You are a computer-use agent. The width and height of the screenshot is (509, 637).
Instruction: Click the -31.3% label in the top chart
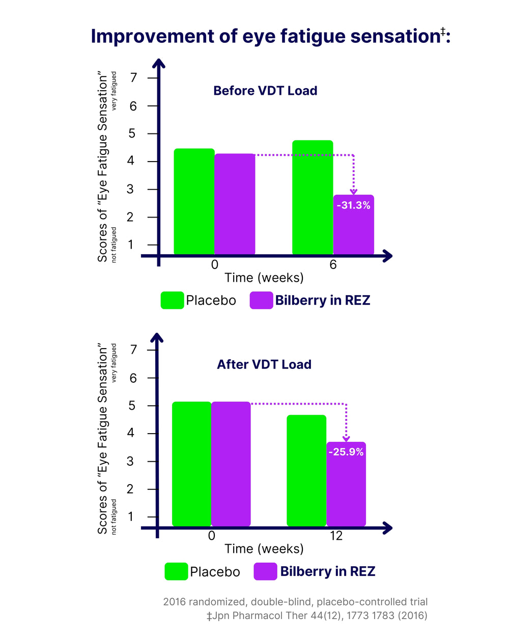353,205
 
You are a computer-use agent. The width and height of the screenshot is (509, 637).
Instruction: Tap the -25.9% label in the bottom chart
346,452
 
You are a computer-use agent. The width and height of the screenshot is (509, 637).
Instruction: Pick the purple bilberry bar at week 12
346,489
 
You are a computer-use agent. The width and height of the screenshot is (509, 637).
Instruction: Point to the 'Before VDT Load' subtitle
265,91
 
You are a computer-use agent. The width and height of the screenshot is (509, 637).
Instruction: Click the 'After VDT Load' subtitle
264,364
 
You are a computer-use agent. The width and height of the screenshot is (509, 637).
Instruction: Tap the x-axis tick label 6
333,264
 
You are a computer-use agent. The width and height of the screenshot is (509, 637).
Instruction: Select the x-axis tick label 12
336,536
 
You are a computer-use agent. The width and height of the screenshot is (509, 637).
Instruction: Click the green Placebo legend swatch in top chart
172,300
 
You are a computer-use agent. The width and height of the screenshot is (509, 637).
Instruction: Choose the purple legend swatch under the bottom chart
265,571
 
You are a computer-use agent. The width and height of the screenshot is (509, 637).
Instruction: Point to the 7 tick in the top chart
134,78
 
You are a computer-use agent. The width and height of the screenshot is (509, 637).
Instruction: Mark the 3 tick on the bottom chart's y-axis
131,461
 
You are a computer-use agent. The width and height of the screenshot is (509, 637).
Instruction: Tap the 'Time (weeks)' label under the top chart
264,278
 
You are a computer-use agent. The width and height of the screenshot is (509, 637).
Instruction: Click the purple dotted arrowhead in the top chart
353,192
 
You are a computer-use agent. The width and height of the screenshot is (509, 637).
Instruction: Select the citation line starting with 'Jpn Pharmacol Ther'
317,616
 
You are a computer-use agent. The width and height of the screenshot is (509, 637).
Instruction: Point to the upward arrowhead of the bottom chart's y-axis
157,337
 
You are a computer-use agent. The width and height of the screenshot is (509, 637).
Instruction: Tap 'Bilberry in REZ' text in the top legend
323,300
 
